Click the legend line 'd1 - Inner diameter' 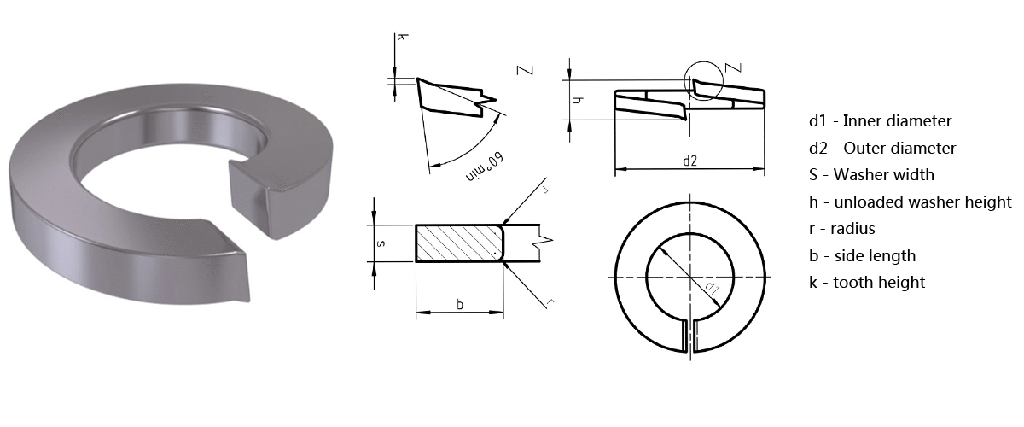881,121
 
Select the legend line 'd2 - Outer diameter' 883,149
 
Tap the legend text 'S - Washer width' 872,175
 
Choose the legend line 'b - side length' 862,255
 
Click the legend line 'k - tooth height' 867,282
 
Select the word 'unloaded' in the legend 866,202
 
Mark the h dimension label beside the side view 578,101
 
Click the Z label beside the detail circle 730,67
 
